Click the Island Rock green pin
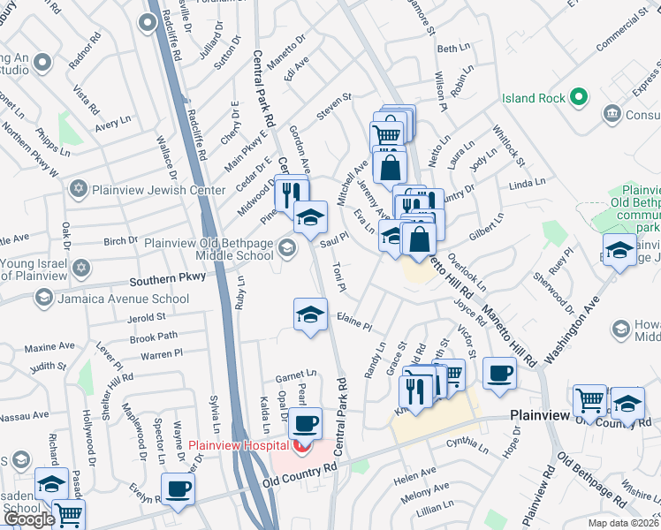pyautogui.click(x=579, y=97)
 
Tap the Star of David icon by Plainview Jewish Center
pyautogui.click(x=78, y=190)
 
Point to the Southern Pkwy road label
pyautogui.click(x=168, y=278)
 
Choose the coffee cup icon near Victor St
pyautogui.click(x=500, y=372)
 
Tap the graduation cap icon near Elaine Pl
pyautogui.click(x=310, y=314)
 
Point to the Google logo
pyautogui.click(x=28, y=519)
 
